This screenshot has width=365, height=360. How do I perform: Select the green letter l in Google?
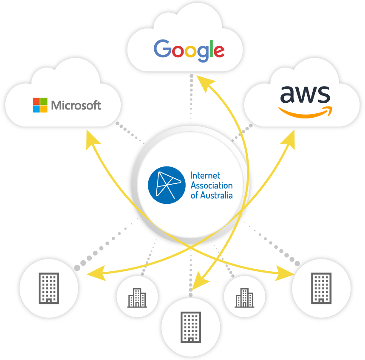209,48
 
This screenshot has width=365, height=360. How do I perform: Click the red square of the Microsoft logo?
36,101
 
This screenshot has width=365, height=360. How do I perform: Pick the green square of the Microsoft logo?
44,101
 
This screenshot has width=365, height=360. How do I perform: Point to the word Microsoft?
76,105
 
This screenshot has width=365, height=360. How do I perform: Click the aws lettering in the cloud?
305,94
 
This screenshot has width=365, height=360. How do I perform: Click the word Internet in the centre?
206,175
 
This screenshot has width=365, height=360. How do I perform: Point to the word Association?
212,186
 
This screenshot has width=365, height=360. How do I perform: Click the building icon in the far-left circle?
48,288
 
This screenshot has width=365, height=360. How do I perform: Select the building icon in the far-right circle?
321,288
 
